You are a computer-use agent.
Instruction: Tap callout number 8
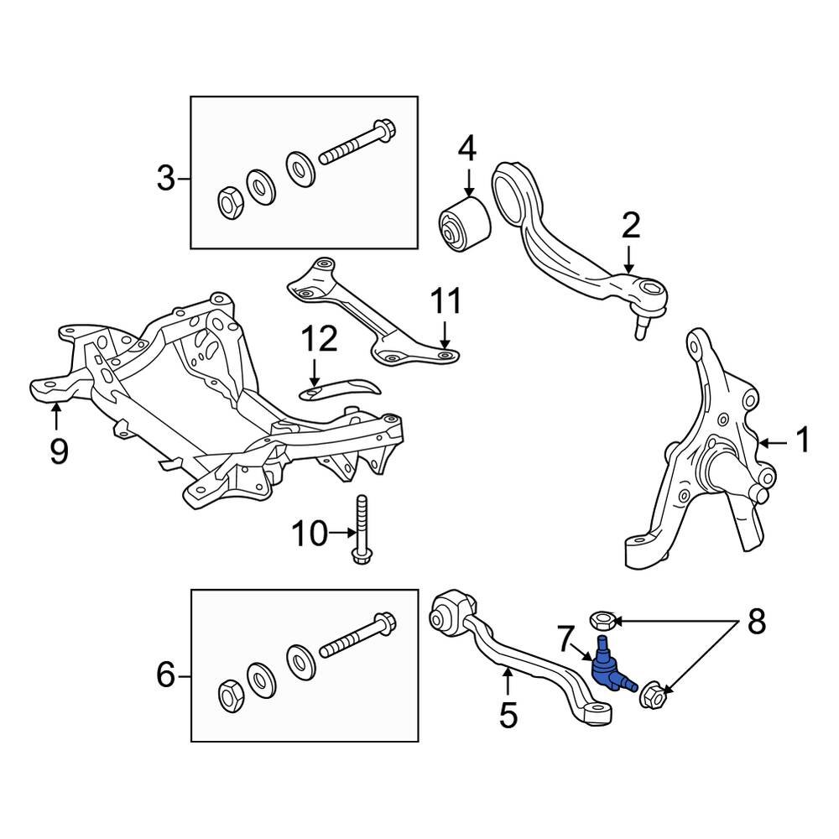756,623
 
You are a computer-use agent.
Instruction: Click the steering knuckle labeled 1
713,453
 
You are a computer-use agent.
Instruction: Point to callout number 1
802,440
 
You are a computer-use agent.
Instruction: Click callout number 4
466,150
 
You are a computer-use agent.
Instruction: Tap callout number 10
309,533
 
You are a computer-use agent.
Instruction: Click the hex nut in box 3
229,201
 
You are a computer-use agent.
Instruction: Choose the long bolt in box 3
357,143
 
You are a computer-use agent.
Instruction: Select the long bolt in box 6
357,637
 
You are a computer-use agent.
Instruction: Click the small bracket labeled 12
340,389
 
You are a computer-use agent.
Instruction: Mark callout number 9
58,452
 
